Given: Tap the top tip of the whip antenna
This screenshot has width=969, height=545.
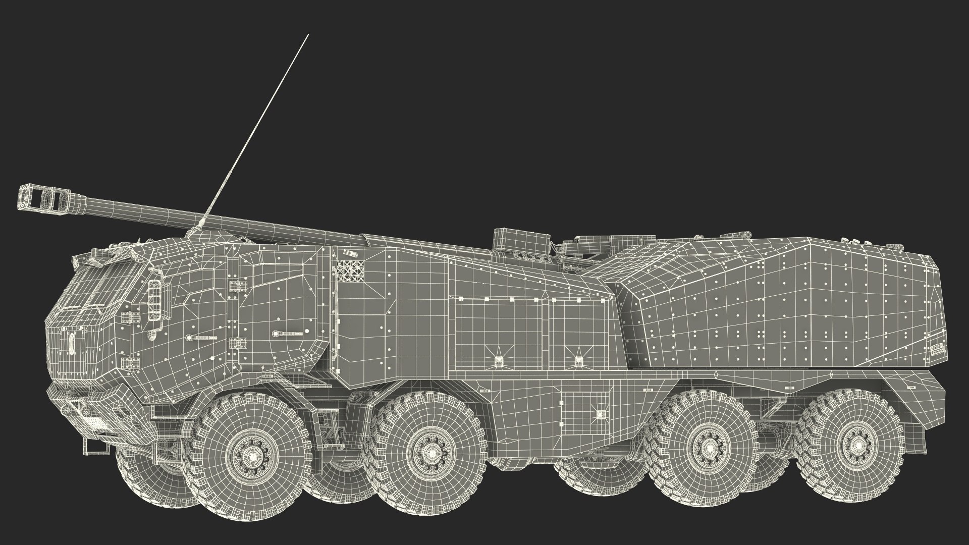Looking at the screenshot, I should coord(308,35).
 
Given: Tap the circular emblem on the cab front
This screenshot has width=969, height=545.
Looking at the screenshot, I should coord(71,344).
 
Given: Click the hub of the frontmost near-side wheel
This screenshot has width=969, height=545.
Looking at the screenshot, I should coord(251,457).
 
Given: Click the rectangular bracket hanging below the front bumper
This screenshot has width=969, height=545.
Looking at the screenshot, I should coord(89,446).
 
